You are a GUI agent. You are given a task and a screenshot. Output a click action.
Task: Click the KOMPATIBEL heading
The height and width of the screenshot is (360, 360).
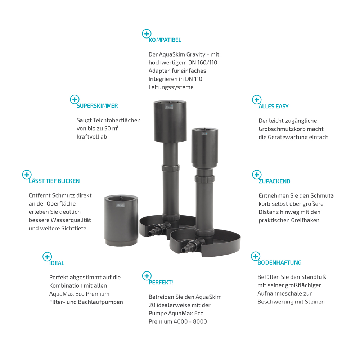[x=165, y=40]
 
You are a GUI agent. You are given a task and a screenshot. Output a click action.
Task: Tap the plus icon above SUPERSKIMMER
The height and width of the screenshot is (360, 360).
[x=75, y=99]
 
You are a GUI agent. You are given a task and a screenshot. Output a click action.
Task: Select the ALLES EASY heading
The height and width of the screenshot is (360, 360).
[x=274, y=107]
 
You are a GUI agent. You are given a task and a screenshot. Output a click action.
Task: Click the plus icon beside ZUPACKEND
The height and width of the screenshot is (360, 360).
[x=257, y=175]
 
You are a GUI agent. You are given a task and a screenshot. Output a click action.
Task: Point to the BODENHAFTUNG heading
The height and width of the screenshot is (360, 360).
[x=279, y=263]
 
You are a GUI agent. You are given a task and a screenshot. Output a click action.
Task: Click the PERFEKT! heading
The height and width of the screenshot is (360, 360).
[x=161, y=282]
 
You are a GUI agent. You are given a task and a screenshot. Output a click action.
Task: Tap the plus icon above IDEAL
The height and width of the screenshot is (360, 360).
[x=47, y=257]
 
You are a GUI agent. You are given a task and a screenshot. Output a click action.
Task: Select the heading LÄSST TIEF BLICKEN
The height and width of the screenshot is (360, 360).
[x=54, y=181]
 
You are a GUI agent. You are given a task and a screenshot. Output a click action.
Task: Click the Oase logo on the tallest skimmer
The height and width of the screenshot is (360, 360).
[x=169, y=107]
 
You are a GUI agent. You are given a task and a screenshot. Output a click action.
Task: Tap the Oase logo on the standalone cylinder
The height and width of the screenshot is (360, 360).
[x=120, y=205]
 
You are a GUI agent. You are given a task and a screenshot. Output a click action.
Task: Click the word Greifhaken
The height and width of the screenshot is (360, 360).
[x=305, y=220]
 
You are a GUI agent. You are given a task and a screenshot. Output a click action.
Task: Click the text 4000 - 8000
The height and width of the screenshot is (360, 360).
[x=190, y=321]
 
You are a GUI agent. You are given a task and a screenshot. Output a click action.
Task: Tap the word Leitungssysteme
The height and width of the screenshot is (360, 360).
[x=171, y=87]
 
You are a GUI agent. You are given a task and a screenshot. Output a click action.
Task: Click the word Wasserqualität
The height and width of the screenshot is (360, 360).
[x=71, y=220]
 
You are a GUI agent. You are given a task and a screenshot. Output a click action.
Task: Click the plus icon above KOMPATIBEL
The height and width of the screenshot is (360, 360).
[x=147, y=33]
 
